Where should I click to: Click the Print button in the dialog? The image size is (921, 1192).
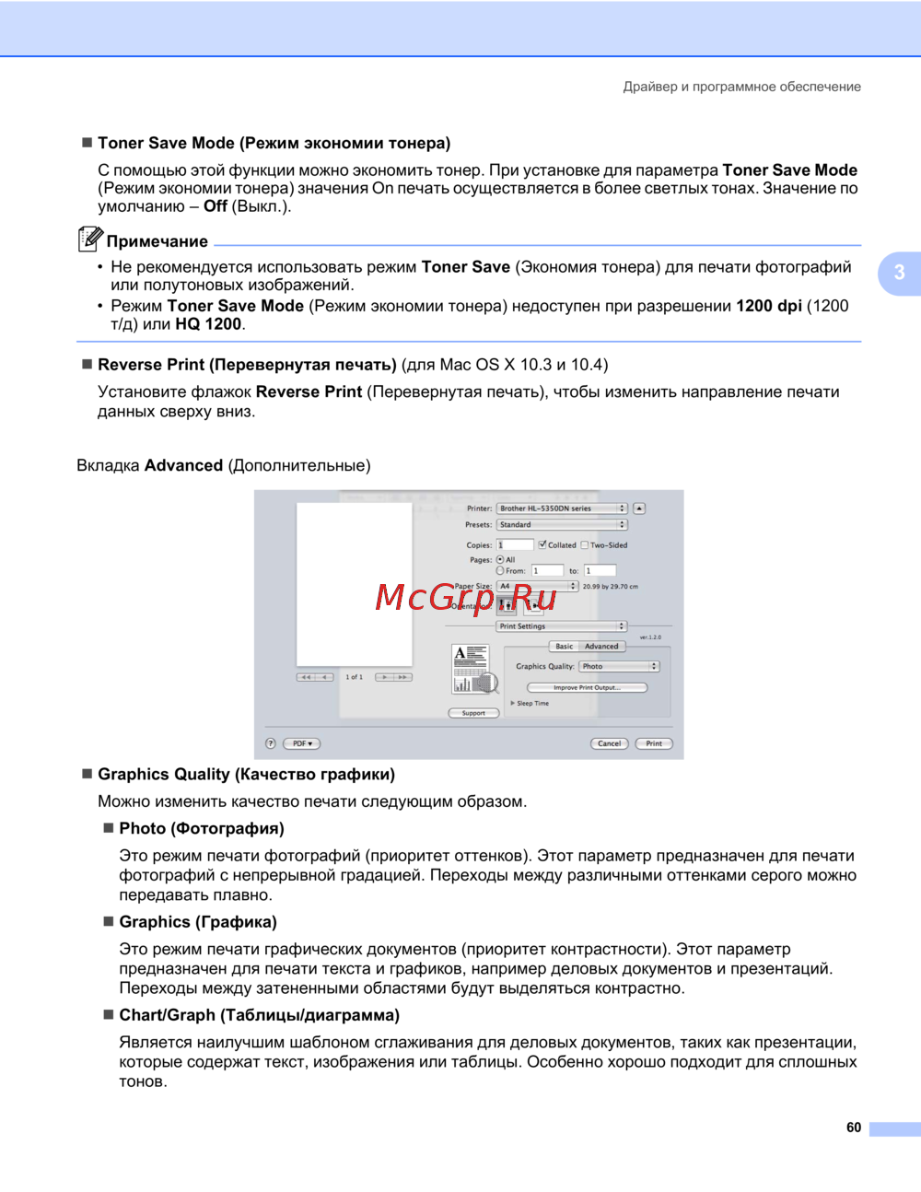point(654,743)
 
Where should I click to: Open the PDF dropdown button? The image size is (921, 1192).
point(302,743)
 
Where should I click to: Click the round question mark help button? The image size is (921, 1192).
point(271,743)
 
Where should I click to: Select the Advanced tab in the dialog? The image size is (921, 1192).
point(601,647)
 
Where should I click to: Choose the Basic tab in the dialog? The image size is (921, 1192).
point(565,647)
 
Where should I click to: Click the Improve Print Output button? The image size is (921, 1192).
point(587,687)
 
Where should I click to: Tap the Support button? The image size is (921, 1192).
point(473,713)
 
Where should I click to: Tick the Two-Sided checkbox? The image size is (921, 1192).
point(585,544)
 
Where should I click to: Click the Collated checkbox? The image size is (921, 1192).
point(542,544)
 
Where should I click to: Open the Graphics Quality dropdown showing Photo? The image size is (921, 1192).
point(619,666)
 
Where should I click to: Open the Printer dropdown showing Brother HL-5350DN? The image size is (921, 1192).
point(562,508)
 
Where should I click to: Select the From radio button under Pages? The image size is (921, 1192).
point(500,570)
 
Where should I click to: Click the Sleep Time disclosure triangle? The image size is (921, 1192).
point(513,703)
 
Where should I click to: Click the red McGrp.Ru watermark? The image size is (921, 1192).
point(466,598)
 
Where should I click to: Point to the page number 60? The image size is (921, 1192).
point(854,1128)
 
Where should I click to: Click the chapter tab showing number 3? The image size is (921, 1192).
point(900,273)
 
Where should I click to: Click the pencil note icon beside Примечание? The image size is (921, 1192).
point(89,239)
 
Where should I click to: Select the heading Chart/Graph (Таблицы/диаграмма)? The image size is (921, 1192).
point(259,1015)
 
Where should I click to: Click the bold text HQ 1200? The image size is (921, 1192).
point(208,324)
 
